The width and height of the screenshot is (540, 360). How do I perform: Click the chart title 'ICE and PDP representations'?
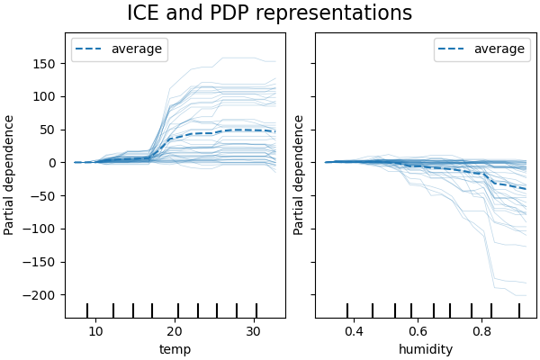point(269,13)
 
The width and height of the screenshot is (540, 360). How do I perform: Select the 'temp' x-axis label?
point(175,349)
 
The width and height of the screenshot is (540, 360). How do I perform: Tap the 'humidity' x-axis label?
point(426,349)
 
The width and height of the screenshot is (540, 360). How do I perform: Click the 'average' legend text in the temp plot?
point(137,49)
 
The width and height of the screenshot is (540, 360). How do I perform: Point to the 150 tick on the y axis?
point(49,64)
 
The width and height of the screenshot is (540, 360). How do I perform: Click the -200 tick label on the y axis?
point(44,295)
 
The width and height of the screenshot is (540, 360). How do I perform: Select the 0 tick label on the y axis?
point(55,163)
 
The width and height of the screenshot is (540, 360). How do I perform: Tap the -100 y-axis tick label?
point(44,229)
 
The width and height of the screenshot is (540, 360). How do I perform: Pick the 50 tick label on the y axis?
point(51,130)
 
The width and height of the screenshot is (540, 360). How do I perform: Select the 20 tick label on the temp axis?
point(176,330)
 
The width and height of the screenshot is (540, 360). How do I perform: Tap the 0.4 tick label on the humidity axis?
point(353,330)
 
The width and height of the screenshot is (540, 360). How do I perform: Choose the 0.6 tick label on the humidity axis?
point(418,330)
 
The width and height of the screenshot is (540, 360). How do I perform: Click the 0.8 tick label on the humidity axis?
point(482,330)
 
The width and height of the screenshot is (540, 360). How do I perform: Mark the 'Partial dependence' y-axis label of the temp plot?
point(10,175)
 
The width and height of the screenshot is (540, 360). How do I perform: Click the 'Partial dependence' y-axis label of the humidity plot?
point(300,175)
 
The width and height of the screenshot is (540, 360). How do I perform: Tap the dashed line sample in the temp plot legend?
point(92,49)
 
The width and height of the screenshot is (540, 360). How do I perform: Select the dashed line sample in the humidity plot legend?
point(454,49)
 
